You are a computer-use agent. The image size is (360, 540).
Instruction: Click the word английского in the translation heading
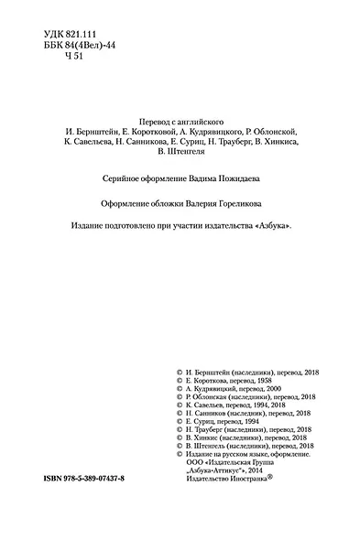coord(213,120)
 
